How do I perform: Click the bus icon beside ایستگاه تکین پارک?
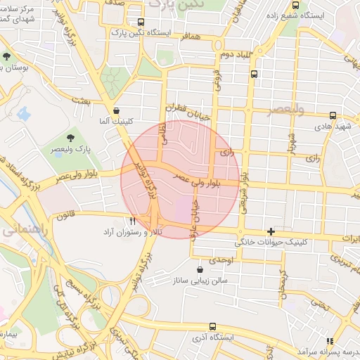point(141,22)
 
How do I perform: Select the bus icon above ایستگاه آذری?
point(213,326)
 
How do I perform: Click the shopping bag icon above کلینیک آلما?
point(116,110)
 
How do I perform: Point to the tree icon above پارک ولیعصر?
point(70,137)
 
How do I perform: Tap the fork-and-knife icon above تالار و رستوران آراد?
point(131,221)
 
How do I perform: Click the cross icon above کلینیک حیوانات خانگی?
point(271,231)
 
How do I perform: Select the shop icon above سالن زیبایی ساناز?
point(200,269)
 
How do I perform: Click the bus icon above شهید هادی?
point(333,115)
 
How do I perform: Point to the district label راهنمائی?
point(21,229)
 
